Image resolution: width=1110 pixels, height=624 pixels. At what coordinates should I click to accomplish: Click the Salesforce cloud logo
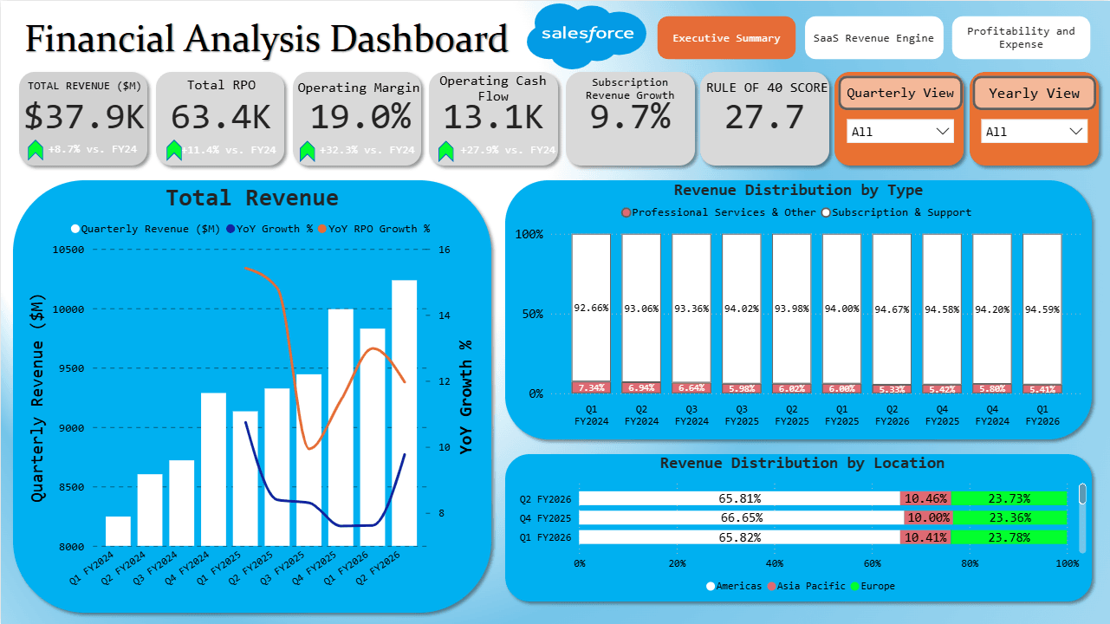coord(587,36)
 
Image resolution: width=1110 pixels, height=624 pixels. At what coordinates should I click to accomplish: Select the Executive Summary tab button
coord(726,38)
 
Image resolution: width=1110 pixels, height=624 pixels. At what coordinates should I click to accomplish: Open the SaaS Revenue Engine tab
coord(873,38)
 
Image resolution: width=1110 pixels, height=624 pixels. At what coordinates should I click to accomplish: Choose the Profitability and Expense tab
coord(1021,38)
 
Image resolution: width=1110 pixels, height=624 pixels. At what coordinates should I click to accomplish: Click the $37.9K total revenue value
coord(85,117)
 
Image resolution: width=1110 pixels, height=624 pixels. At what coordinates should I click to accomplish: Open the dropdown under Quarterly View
coord(900,132)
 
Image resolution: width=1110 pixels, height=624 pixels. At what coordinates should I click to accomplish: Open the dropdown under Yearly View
coord(1035,132)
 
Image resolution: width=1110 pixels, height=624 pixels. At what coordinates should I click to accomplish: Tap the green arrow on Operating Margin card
coord(307,152)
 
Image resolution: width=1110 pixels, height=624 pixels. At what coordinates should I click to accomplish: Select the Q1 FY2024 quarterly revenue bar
coord(118,530)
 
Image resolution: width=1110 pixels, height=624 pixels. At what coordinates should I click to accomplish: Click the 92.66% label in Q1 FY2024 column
coord(591,308)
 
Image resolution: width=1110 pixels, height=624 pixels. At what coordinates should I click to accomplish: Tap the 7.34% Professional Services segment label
coord(591,387)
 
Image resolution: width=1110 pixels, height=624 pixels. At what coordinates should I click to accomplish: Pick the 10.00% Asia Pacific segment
coord(927,517)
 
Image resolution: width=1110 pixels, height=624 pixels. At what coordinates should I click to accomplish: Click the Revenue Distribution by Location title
coord(802,464)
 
